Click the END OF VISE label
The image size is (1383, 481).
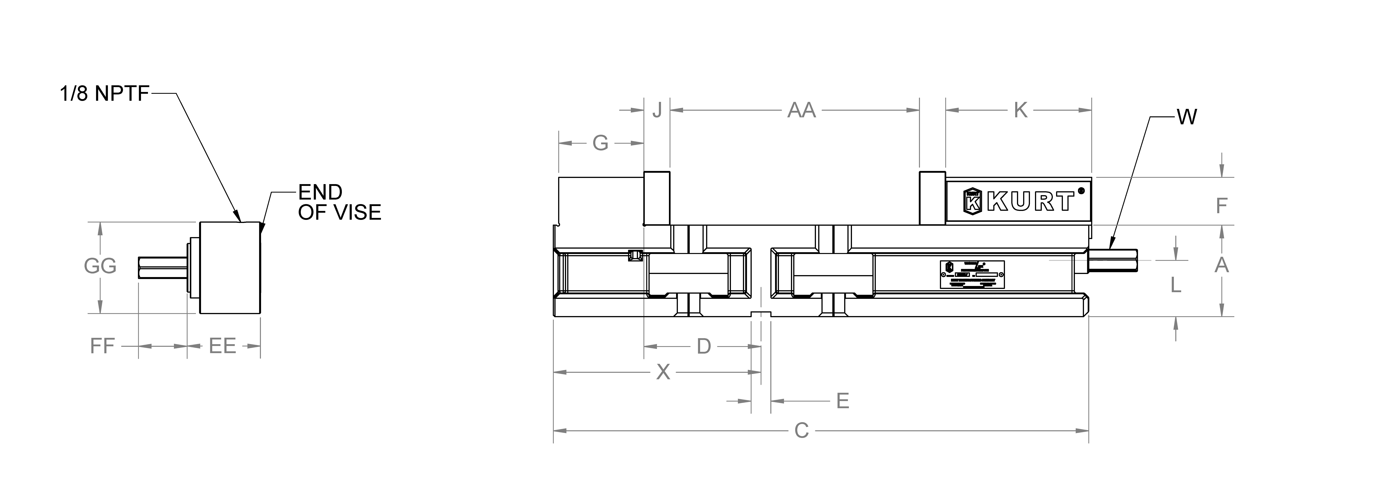pyautogui.click(x=339, y=203)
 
